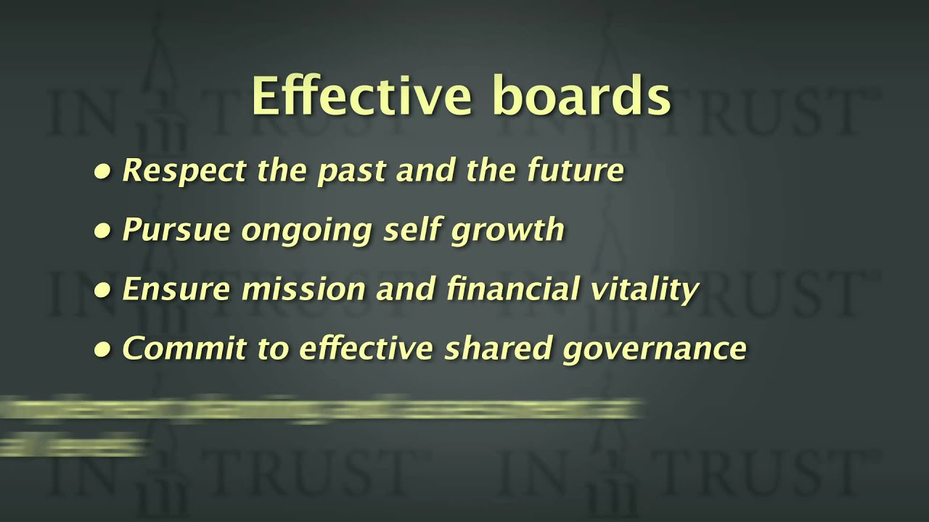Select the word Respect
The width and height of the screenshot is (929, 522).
coord(184,171)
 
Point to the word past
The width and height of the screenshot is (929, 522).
coord(347,171)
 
